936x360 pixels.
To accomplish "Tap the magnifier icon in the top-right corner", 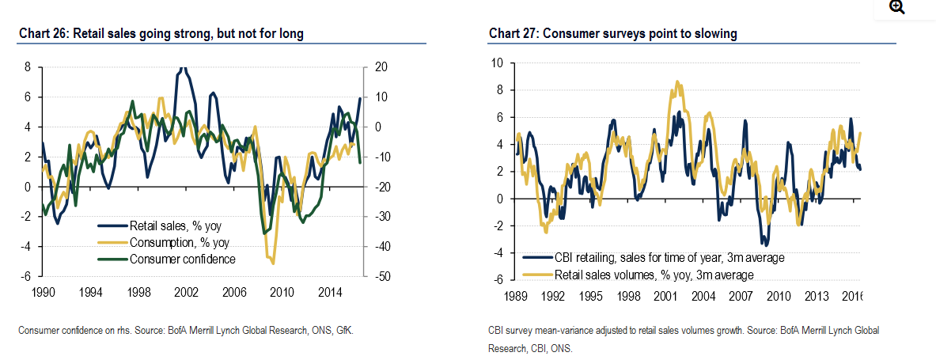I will [896, 8].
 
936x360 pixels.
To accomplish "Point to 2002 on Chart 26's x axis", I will [186, 292].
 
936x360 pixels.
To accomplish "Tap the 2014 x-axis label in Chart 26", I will [328, 292].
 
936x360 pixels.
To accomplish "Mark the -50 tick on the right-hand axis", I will [382, 277].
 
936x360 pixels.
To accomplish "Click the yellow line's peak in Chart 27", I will [677, 81].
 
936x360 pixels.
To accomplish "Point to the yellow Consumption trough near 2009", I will [272, 263].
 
